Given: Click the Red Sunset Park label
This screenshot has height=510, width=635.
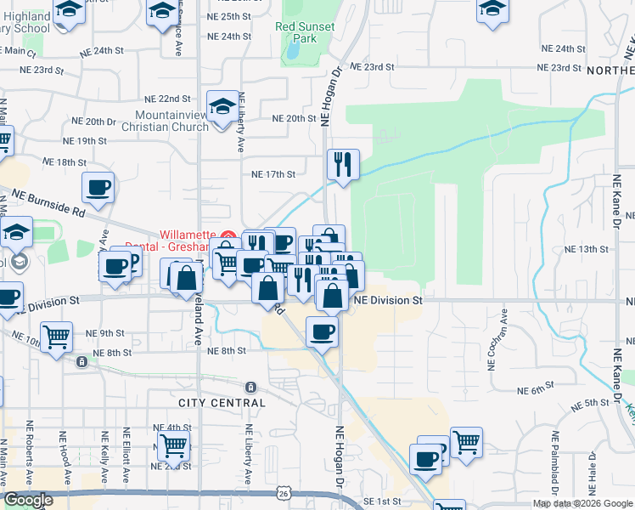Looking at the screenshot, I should [x=305, y=32].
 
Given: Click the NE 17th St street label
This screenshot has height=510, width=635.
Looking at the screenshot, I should [x=273, y=174].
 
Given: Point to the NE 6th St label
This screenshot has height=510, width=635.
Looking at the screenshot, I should [x=534, y=390].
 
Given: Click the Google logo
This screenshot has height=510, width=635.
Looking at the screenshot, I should [x=28, y=501].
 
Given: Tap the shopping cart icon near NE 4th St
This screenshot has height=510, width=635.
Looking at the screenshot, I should [x=173, y=443].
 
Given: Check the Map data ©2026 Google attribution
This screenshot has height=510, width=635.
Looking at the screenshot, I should [x=583, y=503].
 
